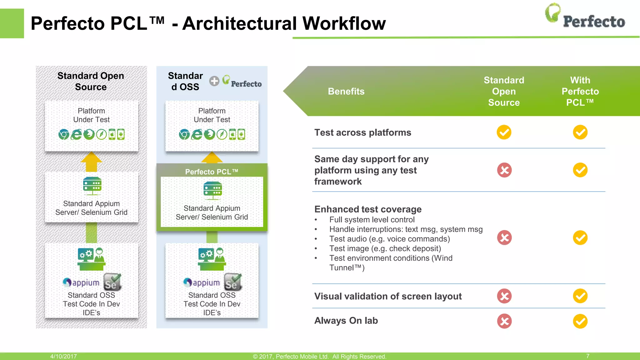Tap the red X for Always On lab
pos(504,321)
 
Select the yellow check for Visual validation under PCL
pos(580,296)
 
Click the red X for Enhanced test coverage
pos(504,237)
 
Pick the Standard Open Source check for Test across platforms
pos(504,132)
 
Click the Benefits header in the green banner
pos(346,91)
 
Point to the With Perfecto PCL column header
pos(580,91)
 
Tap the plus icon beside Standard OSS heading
pos(214,81)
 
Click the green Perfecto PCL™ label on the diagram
pos(212,172)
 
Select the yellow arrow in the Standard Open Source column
pos(91,162)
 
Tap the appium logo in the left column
pos(81,282)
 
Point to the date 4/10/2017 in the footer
pos(63,356)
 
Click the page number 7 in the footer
pos(587,356)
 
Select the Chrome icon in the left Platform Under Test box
pos(64,134)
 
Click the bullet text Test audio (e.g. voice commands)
pos(389,239)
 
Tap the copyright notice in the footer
pos(319,356)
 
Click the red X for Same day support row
pos(504,170)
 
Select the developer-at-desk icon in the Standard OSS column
pos(212,259)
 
